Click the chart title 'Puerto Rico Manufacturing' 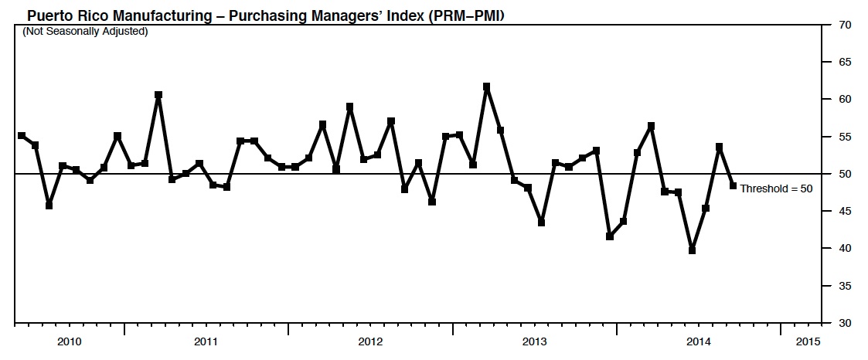119,16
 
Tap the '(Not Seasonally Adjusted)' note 85,32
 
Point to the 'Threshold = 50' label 776,188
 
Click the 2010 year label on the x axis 70,342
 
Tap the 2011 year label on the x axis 206,342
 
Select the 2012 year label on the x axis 370,342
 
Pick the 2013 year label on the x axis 534,342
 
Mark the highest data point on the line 487,87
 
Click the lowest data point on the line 692,250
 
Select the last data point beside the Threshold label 733,186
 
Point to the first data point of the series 22,135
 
